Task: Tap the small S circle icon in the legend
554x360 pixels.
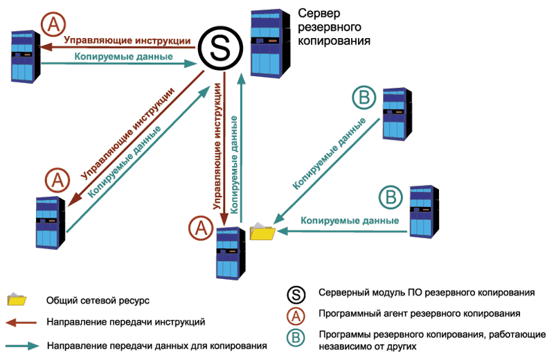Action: coord(296,294)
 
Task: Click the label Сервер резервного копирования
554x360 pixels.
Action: coord(332,27)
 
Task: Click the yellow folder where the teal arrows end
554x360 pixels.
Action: coord(262,231)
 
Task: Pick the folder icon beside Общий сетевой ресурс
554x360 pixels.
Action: coord(16,300)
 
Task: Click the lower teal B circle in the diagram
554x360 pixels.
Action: coord(391,198)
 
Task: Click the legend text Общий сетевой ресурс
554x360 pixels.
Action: coord(98,300)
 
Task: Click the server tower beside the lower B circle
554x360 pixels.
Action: coord(423,210)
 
